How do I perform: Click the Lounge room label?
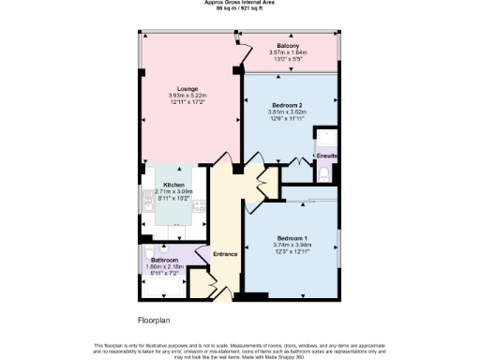(x=174, y=89)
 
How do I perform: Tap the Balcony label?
(x=288, y=46)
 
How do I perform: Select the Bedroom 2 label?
(x=287, y=105)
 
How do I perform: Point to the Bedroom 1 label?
(x=292, y=236)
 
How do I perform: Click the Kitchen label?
(x=174, y=185)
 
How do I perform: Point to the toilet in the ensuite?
(x=324, y=172)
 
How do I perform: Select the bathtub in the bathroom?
(x=165, y=283)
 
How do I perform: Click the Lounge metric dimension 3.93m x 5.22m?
(x=174, y=96)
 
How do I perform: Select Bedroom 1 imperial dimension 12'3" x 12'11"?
(x=292, y=250)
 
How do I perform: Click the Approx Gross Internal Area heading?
(x=239, y=3)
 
